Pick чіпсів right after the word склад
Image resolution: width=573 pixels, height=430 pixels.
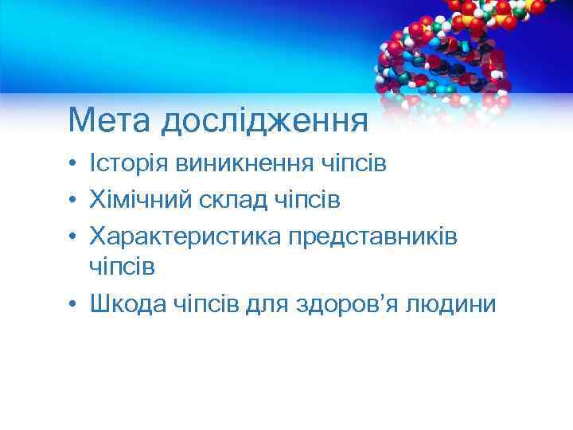[x=306, y=199]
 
